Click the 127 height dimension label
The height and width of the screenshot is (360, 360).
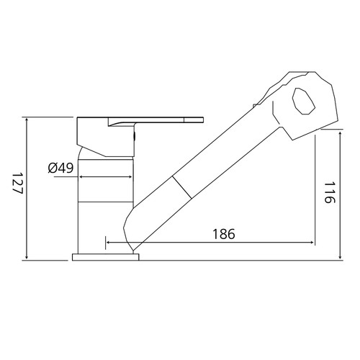(x=17, y=183)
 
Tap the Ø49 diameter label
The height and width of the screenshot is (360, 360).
(x=60, y=168)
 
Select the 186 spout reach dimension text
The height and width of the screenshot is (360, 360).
(x=224, y=234)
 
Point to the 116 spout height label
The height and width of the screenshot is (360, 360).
(x=329, y=192)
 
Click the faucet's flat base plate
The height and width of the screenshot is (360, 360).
(x=106, y=257)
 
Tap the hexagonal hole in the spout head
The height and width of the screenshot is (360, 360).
(x=303, y=101)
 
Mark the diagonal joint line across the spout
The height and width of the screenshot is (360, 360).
(x=181, y=187)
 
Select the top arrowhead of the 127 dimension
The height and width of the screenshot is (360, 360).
(x=27, y=120)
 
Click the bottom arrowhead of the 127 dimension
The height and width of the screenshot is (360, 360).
(x=27, y=257)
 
